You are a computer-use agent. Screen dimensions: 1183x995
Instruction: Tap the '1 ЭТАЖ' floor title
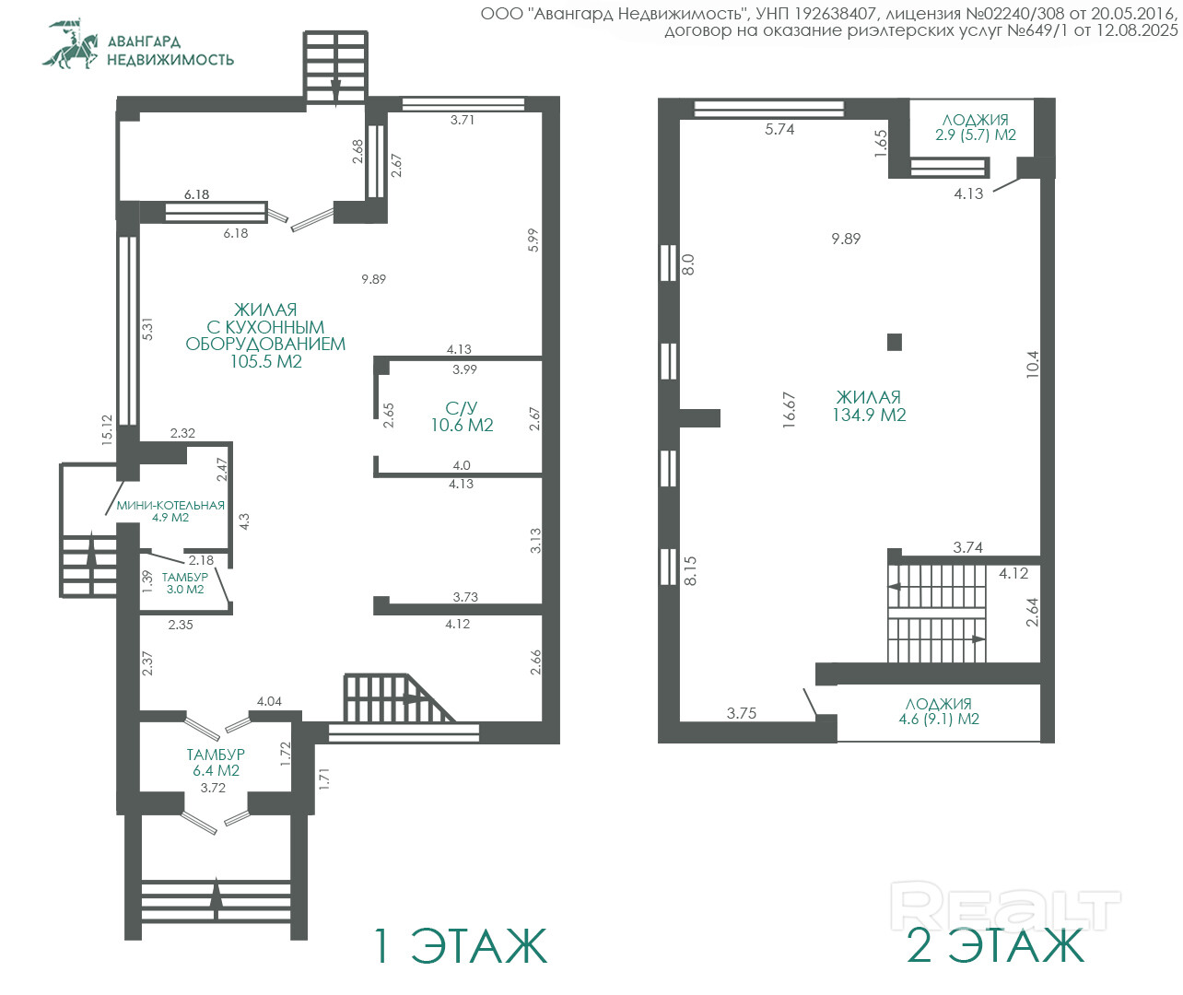point(461,945)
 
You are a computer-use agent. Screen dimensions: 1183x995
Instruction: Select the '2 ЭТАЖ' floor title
point(995,945)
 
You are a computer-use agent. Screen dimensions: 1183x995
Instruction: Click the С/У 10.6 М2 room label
point(462,416)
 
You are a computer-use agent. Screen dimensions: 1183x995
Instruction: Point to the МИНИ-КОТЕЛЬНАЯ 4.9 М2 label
point(170,511)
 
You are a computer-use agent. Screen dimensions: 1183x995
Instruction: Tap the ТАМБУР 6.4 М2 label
point(216,762)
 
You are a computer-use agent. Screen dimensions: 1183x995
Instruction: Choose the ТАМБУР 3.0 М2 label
point(185,583)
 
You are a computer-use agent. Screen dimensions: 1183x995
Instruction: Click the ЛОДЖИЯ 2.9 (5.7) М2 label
point(975,127)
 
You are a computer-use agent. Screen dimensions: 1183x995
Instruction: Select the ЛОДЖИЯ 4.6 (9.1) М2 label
point(939,711)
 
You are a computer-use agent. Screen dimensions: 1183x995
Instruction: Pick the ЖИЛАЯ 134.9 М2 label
point(869,405)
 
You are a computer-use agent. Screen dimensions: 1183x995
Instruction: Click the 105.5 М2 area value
point(265,361)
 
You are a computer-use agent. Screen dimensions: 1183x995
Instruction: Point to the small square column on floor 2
point(894,342)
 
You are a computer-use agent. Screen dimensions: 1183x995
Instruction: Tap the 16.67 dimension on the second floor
point(790,410)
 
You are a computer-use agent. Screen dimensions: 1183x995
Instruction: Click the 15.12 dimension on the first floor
point(107,430)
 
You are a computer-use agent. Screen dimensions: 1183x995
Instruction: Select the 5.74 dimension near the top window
point(779,129)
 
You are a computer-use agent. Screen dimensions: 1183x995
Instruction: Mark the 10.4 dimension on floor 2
point(1032,364)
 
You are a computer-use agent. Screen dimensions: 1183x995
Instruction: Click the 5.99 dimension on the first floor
point(533,240)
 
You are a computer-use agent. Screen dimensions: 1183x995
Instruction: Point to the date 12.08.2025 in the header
point(1137,30)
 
